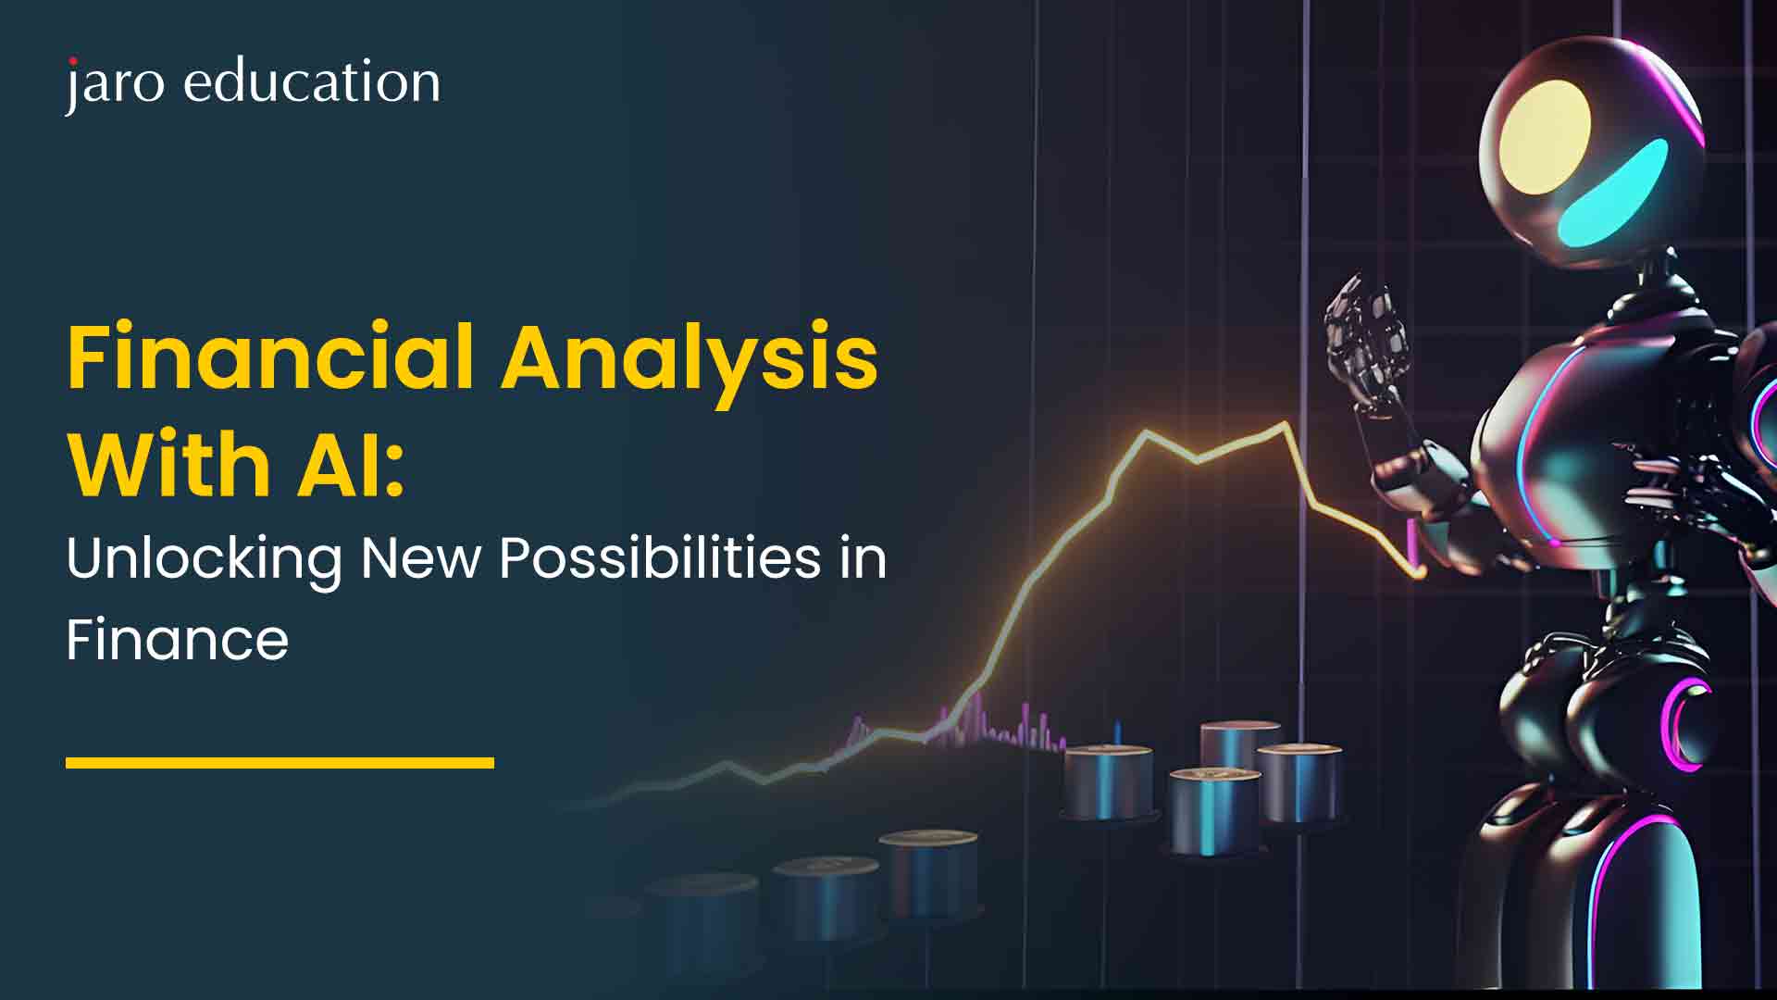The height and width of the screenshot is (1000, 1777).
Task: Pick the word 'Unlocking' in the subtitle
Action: pos(204,559)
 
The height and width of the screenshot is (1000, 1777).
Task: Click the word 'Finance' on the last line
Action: pos(178,639)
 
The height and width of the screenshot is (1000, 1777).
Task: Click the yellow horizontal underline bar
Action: pos(280,763)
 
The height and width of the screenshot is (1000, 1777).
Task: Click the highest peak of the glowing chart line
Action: pos(1285,425)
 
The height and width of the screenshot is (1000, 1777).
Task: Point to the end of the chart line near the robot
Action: pos(1420,574)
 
